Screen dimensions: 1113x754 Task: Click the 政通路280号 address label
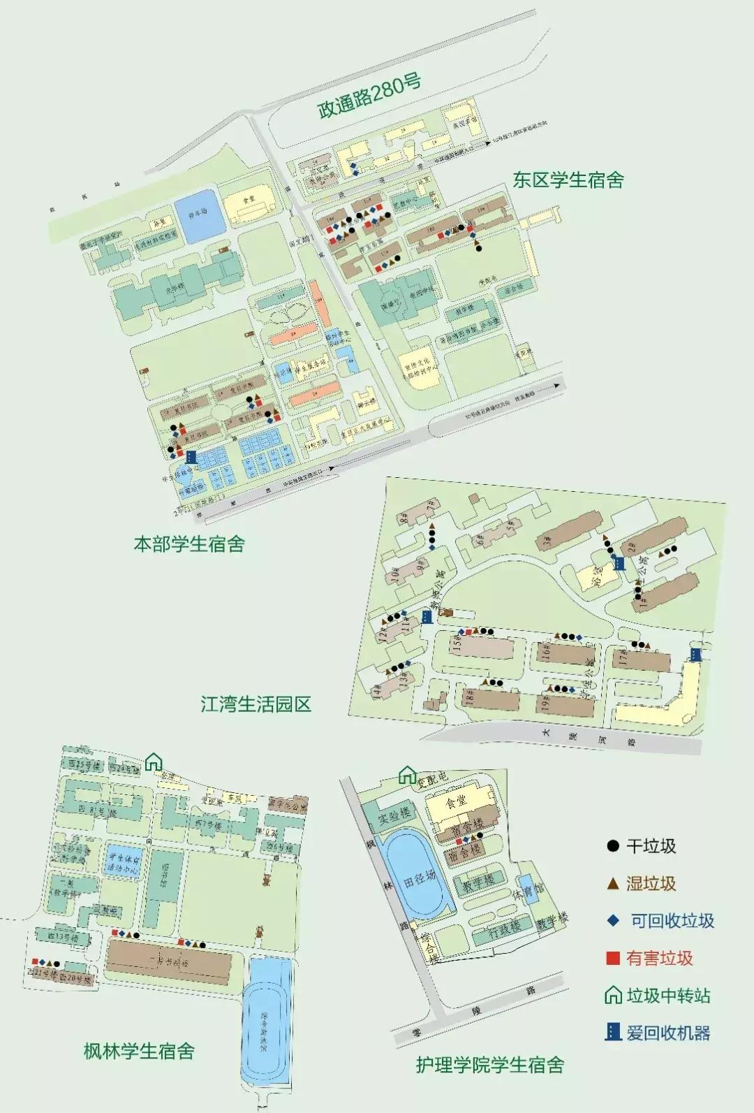(369, 97)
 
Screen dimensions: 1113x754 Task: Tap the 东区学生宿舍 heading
(568, 180)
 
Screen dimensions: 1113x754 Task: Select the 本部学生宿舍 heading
(189, 544)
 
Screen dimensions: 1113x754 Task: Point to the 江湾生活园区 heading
(256, 704)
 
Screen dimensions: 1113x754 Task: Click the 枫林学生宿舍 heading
(138, 1051)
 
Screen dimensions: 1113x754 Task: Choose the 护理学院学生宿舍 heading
(489, 1065)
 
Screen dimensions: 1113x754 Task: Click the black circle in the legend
(613, 846)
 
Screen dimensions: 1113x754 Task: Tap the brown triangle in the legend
(613, 884)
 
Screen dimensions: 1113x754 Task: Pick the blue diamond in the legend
(613, 921)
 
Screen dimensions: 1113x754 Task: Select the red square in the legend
(613, 958)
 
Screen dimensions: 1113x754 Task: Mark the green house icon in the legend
(613, 995)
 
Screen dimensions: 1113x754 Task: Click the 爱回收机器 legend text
(668, 1033)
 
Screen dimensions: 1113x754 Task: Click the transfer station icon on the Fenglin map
(153, 762)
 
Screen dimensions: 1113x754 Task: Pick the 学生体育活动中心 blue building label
(123, 865)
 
